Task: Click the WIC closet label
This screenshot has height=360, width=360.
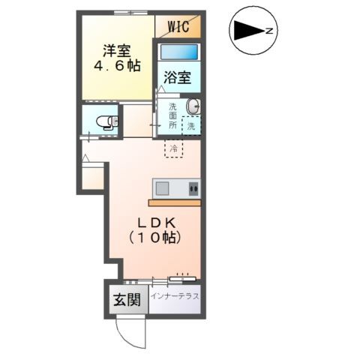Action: [x=178, y=27]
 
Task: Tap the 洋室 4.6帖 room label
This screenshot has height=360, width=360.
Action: [x=117, y=58]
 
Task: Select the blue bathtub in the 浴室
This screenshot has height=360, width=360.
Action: [x=179, y=52]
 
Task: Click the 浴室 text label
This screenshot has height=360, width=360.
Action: [x=177, y=78]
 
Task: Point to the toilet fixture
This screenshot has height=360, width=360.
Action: [x=107, y=122]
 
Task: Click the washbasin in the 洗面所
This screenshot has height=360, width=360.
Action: [x=193, y=106]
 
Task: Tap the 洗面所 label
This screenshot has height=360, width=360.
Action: [x=172, y=115]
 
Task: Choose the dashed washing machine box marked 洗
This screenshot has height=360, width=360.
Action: [x=191, y=126]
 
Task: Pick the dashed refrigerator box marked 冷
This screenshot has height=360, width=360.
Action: [x=173, y=148]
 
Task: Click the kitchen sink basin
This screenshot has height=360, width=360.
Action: [x=162, y=188]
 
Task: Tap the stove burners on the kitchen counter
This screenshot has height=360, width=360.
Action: [x=193, y=189]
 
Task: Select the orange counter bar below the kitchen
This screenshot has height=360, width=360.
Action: [x=175, y=202]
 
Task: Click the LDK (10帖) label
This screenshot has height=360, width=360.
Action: [x=155, y=230]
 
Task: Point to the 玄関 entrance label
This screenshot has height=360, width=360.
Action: [x=127, y=299]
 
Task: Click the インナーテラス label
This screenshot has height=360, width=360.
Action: [x=175, y=296]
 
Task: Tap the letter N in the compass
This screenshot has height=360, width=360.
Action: [x=269, y=31]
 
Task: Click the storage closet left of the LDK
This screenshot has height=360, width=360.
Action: [x=93, y=176]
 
